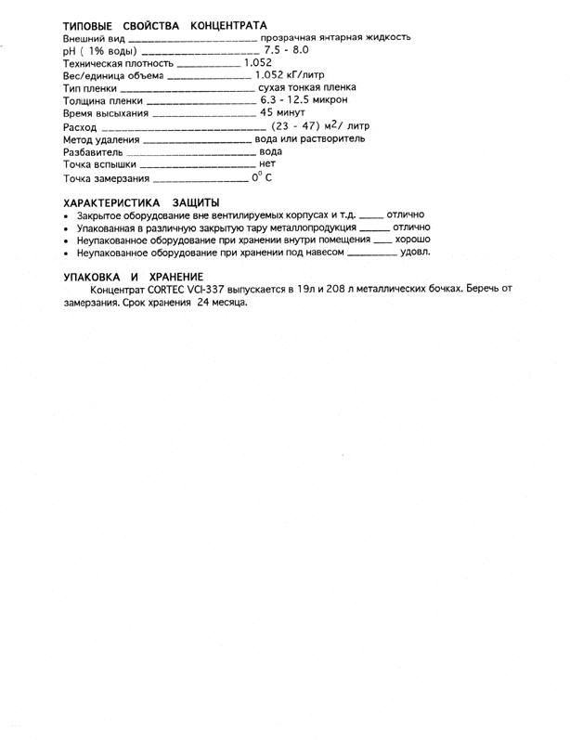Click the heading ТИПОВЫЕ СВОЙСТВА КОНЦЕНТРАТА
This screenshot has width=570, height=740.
pos(165,23)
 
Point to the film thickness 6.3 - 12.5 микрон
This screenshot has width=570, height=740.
pos(304,99)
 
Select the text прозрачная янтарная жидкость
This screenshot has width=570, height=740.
pos(336,37)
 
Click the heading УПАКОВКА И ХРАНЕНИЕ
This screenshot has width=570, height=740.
pos(133,277)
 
